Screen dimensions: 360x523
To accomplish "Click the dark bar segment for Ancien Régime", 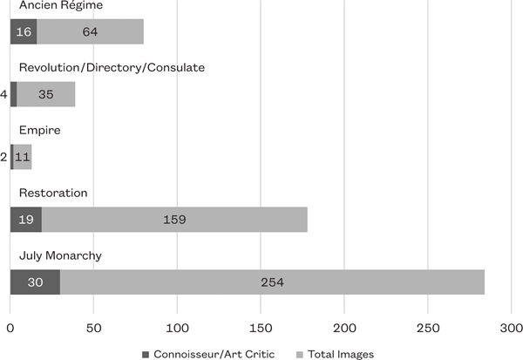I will [24, 32].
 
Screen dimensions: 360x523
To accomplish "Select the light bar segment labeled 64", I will [91, 32].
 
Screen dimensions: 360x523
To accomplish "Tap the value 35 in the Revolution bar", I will [45, 94].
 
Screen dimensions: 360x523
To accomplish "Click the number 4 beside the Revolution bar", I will [4, 94].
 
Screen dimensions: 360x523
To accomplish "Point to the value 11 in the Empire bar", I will [22, 157].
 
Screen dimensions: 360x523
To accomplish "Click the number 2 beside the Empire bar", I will [4, 157].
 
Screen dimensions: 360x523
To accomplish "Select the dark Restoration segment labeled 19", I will [26, 219].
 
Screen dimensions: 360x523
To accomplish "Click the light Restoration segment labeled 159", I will [174, 219].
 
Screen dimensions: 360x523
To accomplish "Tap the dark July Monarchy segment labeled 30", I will [35, 282].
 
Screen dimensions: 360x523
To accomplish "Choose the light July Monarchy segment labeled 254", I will [272, 282].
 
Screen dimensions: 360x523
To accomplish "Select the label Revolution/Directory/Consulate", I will [112, 68].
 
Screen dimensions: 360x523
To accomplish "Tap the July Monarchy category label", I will [60, 255].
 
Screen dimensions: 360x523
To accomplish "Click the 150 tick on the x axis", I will [261, 329].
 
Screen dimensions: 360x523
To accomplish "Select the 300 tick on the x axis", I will [512, 329].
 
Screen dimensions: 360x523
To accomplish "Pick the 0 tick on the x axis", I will [10, 329].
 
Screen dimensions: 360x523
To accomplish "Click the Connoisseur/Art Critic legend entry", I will [209, 353].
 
